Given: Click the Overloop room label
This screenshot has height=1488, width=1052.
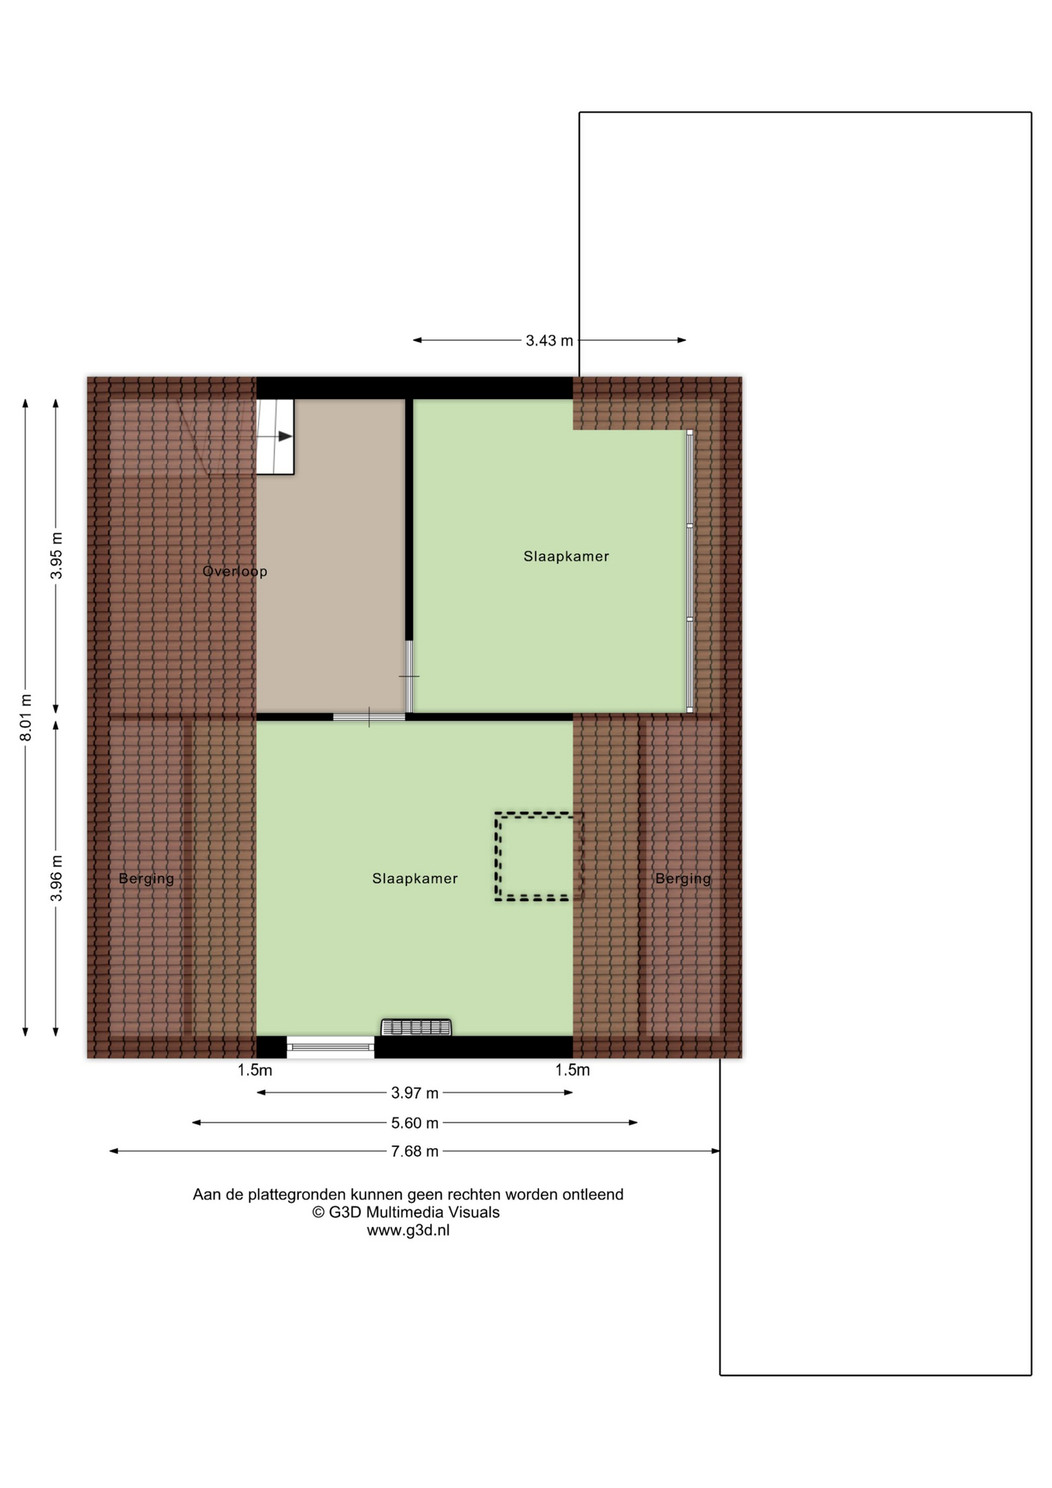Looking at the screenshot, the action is click(x=235, y=571).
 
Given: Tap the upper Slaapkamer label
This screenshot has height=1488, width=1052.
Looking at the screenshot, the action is click(x=566, y=556).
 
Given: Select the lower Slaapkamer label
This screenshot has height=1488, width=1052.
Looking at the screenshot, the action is click(x=415, y=878).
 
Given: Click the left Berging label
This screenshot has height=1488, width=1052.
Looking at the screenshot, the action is click(x=146, y=879).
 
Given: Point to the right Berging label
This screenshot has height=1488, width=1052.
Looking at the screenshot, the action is click(x=683, y=879).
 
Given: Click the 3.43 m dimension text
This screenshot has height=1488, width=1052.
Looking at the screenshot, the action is click(x=549, y=340).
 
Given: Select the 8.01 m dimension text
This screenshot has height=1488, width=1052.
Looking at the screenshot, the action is click(x=26, y=717).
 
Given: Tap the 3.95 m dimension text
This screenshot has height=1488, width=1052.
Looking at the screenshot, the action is click(x=56, y=556).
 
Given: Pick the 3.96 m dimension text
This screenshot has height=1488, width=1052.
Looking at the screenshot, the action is click(x=56, y=878).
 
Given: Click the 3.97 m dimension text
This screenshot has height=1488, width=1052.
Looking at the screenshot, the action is click(x=414, y=1093).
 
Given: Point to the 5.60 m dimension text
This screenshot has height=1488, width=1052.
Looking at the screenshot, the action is click(x=414, y=1123).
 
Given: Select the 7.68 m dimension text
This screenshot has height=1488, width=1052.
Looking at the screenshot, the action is click(x=414, y=1152).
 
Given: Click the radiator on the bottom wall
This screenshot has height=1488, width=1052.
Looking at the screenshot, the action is click(x=416, y=1028).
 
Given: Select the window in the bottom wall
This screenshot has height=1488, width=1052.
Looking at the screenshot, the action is click(x=331, y=1047).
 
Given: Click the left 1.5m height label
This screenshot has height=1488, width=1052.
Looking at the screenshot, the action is click(x=255, y=1070).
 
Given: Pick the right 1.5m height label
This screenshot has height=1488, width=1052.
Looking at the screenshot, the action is click(x=572, y=1070).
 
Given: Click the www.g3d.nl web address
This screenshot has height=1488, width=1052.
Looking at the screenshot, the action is click(x=408, y=1230).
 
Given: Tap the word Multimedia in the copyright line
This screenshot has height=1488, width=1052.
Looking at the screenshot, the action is click(x=411, y=1212).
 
